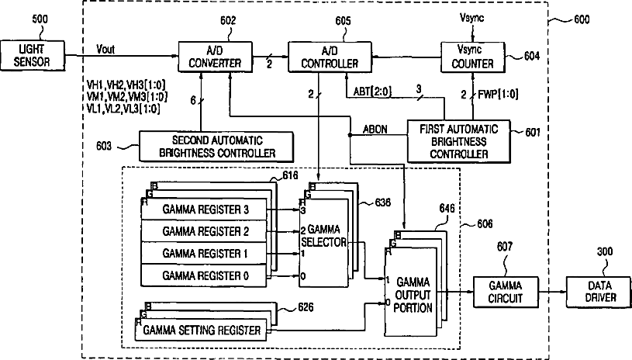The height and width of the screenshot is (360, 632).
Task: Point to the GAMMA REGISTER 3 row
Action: click(x=205, y=209)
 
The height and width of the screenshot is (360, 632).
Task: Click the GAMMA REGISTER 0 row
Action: click(x=205, y=275)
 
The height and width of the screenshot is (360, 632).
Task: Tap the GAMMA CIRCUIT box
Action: click(x=506, y=292)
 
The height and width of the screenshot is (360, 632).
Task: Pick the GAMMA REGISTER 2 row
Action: click(x=205, y=231)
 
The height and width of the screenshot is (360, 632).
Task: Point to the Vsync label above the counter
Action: click(x=471, y=16)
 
